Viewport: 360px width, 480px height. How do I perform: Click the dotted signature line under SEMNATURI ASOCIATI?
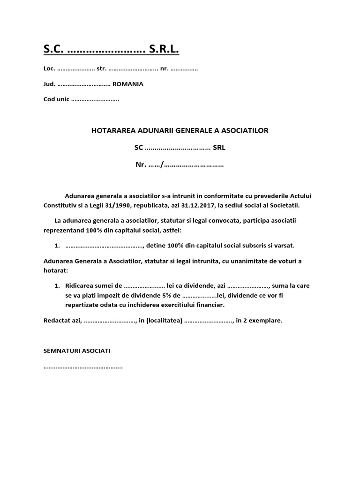pos(83,367)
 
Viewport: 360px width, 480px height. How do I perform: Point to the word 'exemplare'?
pos(266,321)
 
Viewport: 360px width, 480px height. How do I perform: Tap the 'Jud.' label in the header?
pos(49,84)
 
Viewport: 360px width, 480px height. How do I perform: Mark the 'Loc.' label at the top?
pos(49,69)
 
